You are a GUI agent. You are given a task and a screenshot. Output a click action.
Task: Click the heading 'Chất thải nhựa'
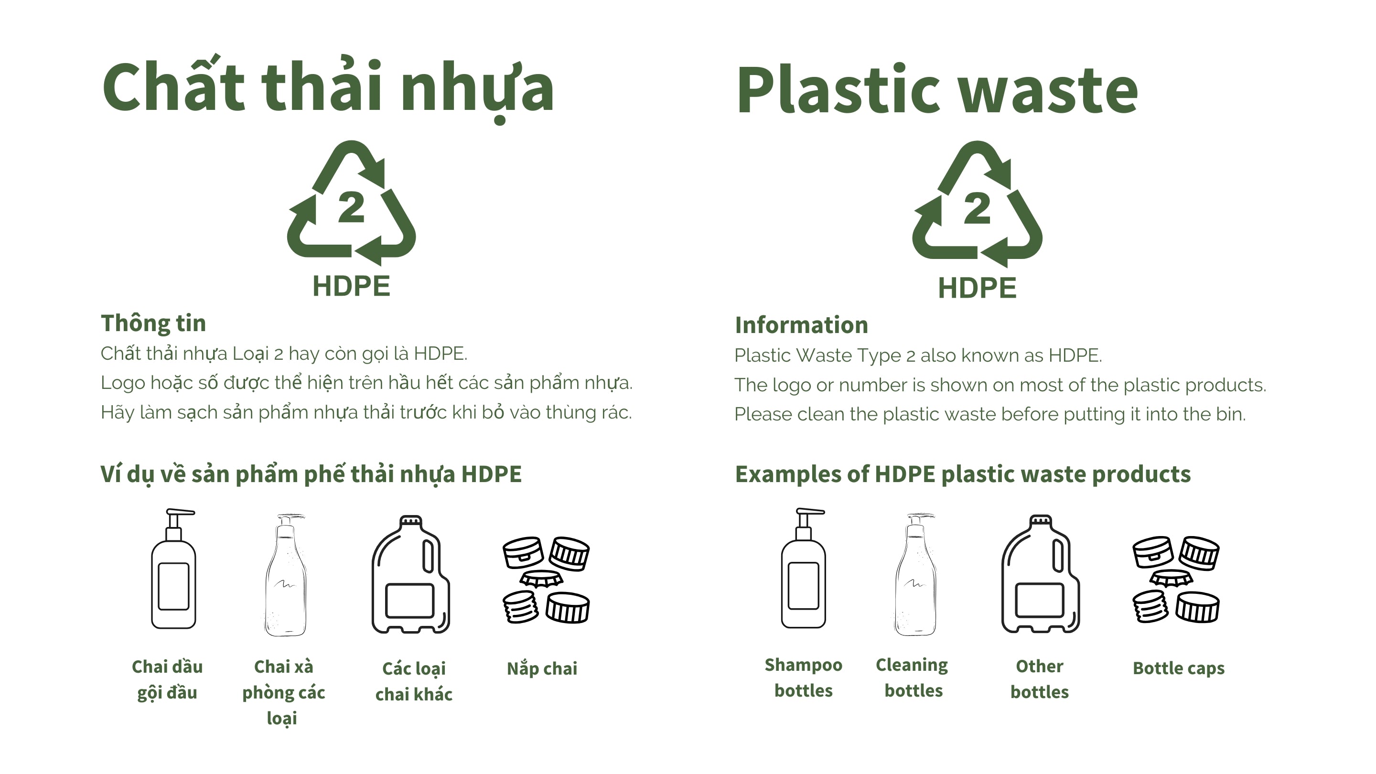[328, 88]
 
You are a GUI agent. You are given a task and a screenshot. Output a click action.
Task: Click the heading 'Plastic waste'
[937, 90]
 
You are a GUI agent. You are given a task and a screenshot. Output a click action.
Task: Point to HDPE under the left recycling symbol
[352, 286]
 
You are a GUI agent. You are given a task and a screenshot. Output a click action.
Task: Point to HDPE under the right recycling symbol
[977, 288]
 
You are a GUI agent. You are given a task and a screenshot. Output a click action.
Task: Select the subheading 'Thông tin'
[153, 323]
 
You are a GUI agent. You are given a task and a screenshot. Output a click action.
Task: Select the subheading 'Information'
[801, 325]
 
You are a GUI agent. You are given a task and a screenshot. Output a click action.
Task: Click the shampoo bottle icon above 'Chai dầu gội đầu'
[173, 569]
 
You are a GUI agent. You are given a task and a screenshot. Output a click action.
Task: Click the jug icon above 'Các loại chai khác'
[411, 574]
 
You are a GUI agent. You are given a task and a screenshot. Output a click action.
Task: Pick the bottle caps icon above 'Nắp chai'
[546, 580]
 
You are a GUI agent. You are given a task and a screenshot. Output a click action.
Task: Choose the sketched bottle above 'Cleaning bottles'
[915, 575]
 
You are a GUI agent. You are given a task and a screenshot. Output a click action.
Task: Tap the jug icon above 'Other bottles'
[1041, 574]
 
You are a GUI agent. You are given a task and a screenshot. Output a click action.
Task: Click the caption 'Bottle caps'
[1178, 668]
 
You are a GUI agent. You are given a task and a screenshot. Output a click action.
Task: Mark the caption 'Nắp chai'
[542, 668]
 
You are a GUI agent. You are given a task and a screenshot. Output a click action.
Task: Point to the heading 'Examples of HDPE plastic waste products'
[963, 474]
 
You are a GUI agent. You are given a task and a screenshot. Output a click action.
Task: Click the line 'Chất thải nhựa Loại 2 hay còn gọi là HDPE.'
[284, 354]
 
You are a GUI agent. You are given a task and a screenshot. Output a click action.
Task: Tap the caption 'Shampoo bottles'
[803, 678]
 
